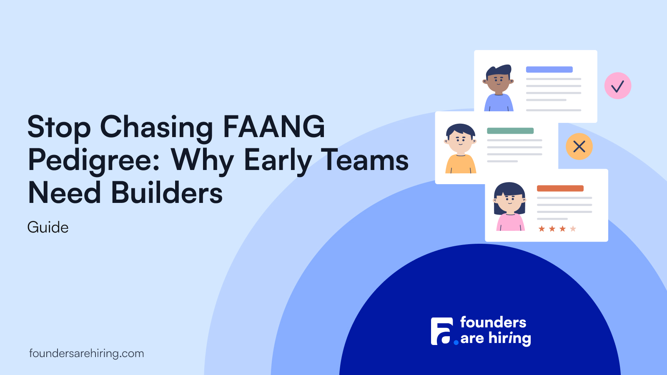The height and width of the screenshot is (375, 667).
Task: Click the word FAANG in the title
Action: [273, 127]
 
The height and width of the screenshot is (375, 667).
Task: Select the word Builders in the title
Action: [167, 192]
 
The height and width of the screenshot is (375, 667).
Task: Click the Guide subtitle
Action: [48, 227]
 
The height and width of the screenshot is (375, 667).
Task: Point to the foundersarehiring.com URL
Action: [87, 353]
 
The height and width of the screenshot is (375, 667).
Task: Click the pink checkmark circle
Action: [617, 86]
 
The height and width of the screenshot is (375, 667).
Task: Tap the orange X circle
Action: [579, 146]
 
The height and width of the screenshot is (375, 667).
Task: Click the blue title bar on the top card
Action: [549, 70]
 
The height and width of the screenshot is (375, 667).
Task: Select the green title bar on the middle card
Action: [510, 131]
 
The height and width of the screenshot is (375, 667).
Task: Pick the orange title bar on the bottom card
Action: [560, 188]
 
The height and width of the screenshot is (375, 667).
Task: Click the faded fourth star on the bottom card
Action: [573, 229]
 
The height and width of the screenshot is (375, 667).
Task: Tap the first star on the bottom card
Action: [542, 229]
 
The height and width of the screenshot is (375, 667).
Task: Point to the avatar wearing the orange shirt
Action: [460, 148]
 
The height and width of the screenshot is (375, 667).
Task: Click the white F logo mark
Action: [442, 331]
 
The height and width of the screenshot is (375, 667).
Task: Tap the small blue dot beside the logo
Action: [456, 342]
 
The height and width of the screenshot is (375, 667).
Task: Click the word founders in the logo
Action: [493, 322]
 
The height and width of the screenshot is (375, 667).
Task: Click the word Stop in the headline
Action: [59, 127]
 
